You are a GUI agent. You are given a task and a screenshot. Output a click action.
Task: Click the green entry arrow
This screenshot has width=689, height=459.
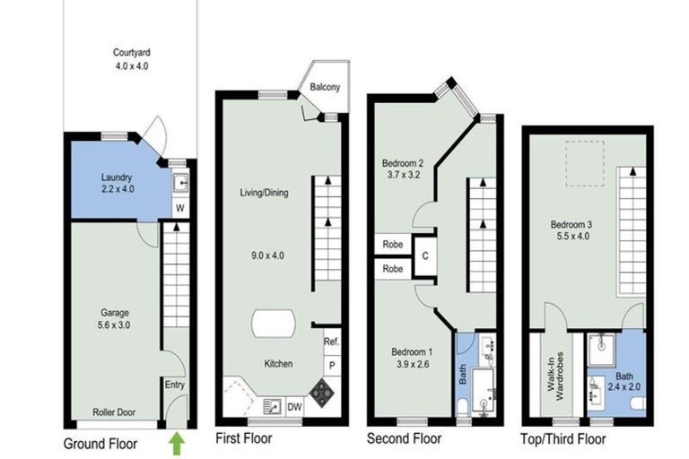(x=178, y=441)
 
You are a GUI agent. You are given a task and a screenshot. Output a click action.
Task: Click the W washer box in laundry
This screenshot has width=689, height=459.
(x=180, y=209)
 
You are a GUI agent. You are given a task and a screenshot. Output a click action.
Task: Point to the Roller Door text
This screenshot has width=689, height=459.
(x=114, y=413)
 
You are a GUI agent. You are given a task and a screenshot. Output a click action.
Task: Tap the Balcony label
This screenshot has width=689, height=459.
(x=325, y=88)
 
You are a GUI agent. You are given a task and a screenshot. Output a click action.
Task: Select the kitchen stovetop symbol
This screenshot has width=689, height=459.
(x=320, y=391)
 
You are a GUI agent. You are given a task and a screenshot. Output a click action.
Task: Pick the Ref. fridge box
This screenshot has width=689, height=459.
(x=330, y=342)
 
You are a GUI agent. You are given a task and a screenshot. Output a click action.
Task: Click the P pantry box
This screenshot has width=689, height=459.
(x=331, y=366)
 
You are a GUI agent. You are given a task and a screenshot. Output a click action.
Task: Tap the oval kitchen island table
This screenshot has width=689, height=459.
(x=274, y=325)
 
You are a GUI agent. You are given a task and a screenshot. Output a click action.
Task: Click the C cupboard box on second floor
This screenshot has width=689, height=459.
(x=424, y=255)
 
